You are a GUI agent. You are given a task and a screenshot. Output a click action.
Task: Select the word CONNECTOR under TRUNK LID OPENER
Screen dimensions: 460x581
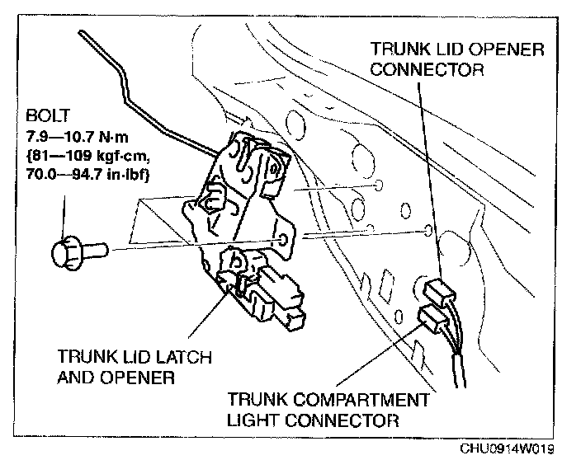click(x=427, y=69)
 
